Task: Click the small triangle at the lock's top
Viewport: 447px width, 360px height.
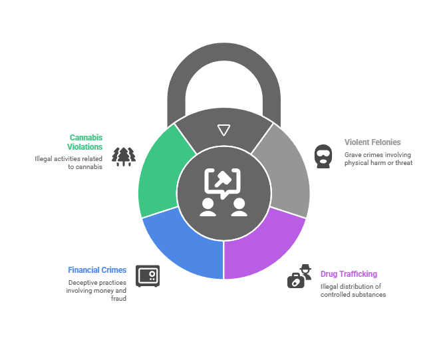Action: (x=223, y=130)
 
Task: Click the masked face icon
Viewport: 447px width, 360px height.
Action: (x=323, y=156)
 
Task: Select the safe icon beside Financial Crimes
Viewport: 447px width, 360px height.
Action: (x=147, y=275)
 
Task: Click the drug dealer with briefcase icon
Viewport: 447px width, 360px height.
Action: (x=299, y=276)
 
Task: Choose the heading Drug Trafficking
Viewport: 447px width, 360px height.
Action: (x=349, y=273)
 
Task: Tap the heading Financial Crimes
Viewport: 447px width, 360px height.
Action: (x=97, y=270)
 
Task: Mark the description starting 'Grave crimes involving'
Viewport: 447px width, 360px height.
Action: (x=378, y=158)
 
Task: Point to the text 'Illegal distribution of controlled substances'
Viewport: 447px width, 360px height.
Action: (x=352, y=290)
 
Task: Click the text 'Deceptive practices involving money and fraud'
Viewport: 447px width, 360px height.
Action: (x=96, y=290)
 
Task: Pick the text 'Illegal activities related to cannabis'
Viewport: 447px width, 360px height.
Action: (x=69, y=163)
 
